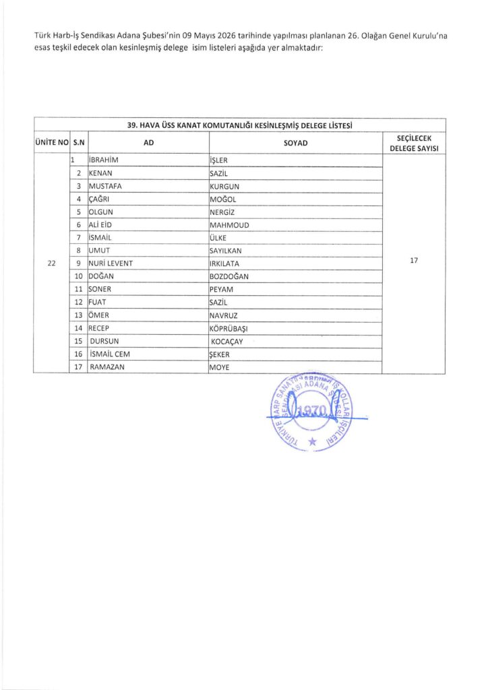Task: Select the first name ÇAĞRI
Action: click(99, 199)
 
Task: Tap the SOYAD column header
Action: click(295, 143)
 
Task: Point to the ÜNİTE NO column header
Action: click(51, 143)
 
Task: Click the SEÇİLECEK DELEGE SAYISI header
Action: click(414, 143)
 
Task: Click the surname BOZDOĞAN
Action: click(229, 276)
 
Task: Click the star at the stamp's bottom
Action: click(311, 441)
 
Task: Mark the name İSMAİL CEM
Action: click(109, 354)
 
